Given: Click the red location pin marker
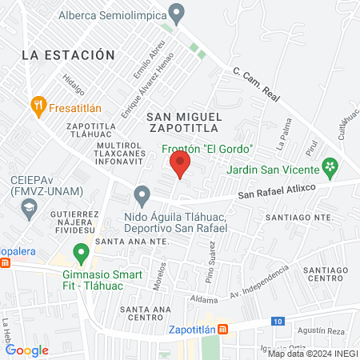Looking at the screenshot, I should (x=180, y=166).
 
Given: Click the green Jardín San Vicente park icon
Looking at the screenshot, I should (x=329, y=167).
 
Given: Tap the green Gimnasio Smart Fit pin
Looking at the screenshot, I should (x=80, y=254).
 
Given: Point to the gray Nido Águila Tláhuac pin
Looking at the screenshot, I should (x=142, y=194).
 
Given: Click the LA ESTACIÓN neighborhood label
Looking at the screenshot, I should (x=64, y=55).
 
